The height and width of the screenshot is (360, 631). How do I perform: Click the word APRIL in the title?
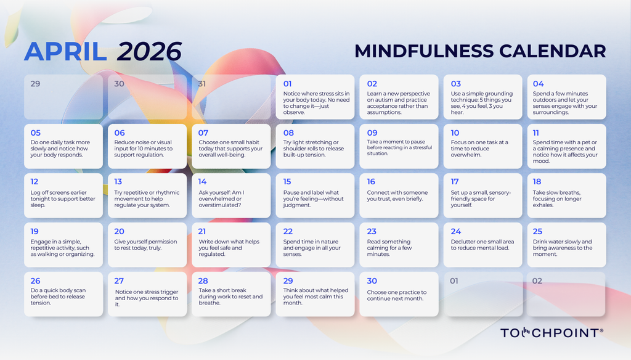point(65,52)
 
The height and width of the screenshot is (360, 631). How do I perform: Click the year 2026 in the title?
point(150,52)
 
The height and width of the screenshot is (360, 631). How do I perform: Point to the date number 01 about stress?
point(288,84)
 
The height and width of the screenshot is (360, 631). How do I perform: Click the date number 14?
point(203,182)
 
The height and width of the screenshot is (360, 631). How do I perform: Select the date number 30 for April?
point(372,281)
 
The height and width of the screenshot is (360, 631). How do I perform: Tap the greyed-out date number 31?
point(203,84)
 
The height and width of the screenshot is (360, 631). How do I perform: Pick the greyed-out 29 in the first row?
point(35,84)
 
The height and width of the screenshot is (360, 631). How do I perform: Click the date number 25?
point(538,231)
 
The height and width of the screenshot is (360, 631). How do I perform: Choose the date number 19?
point(35,231)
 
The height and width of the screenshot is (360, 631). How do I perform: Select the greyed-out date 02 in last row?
point(537,281)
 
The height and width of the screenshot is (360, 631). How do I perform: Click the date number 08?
point(288,133)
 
